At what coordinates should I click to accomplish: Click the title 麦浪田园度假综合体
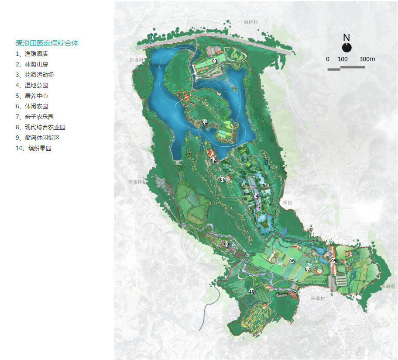coord(47,43)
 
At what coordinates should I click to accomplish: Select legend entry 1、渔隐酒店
coord(32,54)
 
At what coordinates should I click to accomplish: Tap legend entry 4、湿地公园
coord(32,85)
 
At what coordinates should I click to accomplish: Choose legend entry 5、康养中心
coord(32,96)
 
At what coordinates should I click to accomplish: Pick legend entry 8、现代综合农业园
coord(41,127)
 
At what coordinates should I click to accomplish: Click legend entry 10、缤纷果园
coord(34,148)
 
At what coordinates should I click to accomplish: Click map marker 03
coord(215,61)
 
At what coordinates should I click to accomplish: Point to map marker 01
coord(205,122)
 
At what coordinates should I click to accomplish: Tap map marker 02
coord(213,160)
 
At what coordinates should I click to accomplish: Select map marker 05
coord(223,180)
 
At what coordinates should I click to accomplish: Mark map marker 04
coord(256,196)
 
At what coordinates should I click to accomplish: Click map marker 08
coord(226,244)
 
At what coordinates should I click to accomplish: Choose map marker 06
coord(292,261)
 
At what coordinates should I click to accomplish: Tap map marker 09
coord(334,261)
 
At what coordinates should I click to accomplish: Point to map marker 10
coord(252,291)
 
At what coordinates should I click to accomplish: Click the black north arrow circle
coord(347,47)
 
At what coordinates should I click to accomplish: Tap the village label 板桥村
coord(251,22)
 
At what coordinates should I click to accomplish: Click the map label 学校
coord(287,203)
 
